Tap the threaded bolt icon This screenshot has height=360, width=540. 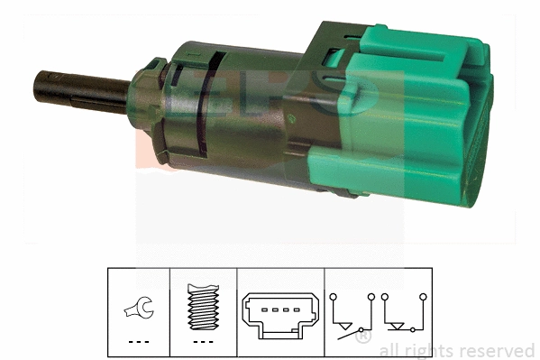[x=205, y=309]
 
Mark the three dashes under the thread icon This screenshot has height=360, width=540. [x=205, y=342]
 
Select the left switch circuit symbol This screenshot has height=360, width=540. [x=352, y=318]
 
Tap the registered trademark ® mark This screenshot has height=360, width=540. [x=363, y=339]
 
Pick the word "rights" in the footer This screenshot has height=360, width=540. [x=430, y=350]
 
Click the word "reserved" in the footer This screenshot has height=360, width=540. [x=497, y=350]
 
